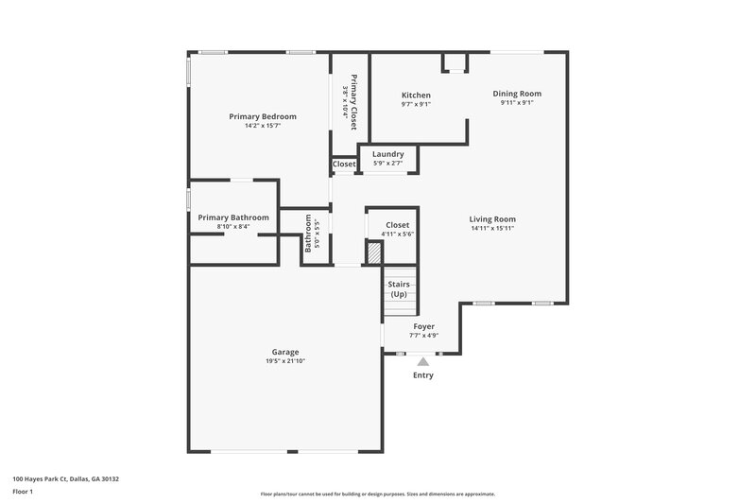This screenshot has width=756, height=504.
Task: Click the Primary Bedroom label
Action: point(263,116)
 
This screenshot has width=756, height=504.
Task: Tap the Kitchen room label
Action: point(416,96)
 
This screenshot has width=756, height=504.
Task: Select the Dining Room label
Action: point(517,94)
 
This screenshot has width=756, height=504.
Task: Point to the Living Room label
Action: point(492,219)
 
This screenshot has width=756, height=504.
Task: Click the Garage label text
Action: point(284,352)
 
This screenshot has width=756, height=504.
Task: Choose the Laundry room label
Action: point(387,154)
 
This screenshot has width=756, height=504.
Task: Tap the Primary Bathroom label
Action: point(233,217)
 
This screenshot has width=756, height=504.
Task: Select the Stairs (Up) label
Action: point(399,288)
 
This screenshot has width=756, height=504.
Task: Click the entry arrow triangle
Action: point(422,360)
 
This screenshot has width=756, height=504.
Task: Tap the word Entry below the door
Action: point(422,375)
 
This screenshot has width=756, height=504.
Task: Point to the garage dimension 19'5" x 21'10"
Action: point(284,361)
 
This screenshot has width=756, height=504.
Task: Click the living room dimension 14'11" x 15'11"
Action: point(492,228)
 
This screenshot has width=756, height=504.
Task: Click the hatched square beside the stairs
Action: point(374,252)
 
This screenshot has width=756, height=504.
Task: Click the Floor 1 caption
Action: point(24,493)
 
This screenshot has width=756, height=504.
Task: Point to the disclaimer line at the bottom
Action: point(377,494)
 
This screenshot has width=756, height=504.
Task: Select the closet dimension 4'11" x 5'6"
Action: point(398,234)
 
